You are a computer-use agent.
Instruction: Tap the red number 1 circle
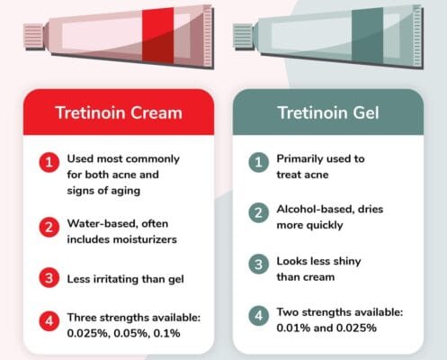[48, 163]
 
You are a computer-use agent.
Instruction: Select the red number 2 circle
[48, 226]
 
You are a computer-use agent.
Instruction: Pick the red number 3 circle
[48, 278]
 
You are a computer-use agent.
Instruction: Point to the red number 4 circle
[48, 319]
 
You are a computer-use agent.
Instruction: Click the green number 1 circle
[259, 163]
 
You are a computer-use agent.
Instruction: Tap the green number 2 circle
[259, 214]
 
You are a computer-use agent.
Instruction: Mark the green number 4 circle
[259, 317]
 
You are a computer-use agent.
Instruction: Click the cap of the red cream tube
[34, 35]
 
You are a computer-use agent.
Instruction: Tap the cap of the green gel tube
[243, 35]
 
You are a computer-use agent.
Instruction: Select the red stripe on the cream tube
[157, 33]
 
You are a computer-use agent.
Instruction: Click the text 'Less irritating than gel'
[125, 278]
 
